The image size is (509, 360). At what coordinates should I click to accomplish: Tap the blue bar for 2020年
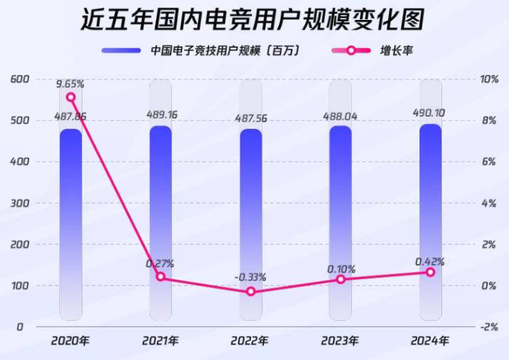(x=70, y=221)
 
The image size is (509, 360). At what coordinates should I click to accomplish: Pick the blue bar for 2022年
(x=250, y=221)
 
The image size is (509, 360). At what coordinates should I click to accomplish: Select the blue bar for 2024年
(x=430, y=221)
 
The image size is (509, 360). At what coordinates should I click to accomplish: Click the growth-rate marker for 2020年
(x=70, y=97)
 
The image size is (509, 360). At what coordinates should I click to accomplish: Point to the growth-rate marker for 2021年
(x=160, y=277)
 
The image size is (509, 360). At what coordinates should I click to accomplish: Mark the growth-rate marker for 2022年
(x=250, y=292)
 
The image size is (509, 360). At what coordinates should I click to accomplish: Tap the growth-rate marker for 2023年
(x=341, y=280)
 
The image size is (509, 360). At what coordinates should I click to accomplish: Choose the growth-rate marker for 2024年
(x=430, y=272)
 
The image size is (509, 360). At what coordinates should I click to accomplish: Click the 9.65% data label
(x=70, y=83)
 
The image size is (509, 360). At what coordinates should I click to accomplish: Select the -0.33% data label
(x=250, y=277)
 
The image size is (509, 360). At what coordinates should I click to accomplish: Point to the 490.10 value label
(x=430, y=112)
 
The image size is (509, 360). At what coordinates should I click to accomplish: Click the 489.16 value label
(x=161, y=112)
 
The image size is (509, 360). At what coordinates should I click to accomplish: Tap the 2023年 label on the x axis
(x=341, y=341)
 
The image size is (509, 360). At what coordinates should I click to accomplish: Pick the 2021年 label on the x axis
(x=161, y=341)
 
